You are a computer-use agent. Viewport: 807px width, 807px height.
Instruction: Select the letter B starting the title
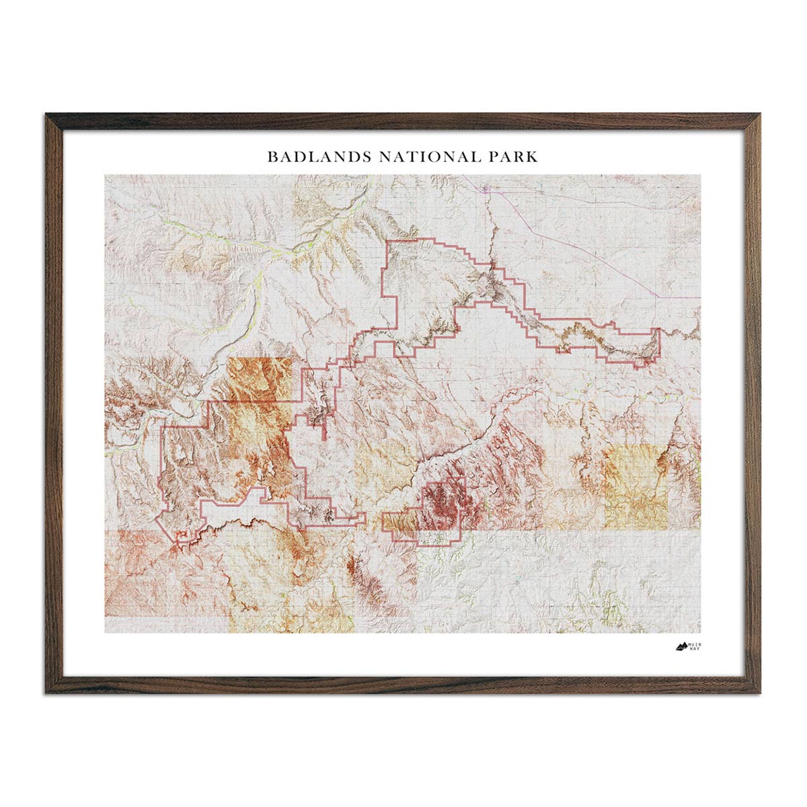click(272, 157)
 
